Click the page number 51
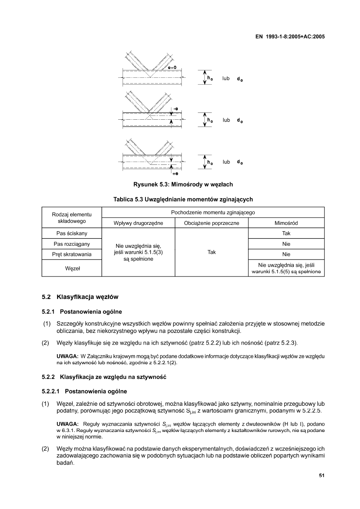click(322, 475)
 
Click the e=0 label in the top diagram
click(172, 67)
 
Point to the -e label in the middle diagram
click(176, 109)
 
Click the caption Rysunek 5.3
click(183, 185)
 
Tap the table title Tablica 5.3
click(183, 199)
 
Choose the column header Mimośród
click(286, 223)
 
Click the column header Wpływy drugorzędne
click(138, 223)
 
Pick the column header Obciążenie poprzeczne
click(212, 223)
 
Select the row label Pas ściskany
click(72, 233)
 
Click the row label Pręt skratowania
click(72, 254)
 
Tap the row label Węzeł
click(72, 268)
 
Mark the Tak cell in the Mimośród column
click(286, 233)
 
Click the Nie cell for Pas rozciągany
click(286, 244)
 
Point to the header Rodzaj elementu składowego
click(72, 218)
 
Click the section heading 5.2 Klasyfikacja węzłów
click(80, 297)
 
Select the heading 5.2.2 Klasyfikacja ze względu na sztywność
click(104, 377)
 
